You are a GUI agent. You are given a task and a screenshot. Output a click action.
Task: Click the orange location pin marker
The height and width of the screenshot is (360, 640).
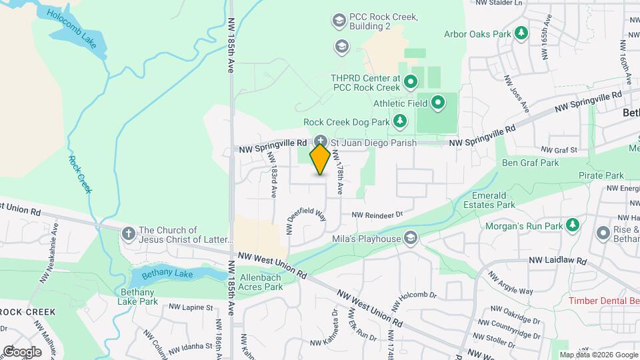(320, 159)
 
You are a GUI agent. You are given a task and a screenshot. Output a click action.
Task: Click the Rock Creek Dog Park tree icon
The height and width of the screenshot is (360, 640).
(399, 121)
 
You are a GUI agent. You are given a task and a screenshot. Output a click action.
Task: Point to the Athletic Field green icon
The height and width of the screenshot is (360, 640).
(438, 103)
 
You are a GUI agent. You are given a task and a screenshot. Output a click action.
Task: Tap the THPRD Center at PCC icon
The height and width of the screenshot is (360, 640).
(411, 83)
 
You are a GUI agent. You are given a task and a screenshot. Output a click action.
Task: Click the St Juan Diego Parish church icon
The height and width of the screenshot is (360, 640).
(321, 142)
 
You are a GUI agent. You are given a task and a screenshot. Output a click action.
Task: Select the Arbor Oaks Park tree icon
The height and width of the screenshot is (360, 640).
(522, 33)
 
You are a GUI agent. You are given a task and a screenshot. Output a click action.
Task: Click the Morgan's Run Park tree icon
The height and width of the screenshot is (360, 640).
(571, 224)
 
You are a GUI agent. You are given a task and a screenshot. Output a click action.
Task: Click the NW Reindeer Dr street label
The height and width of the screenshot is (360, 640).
(378, 215)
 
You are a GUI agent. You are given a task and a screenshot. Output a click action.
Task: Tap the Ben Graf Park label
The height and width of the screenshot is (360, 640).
(530, 163)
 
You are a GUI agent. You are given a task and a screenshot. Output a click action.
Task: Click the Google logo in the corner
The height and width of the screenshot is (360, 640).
(22, 351)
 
